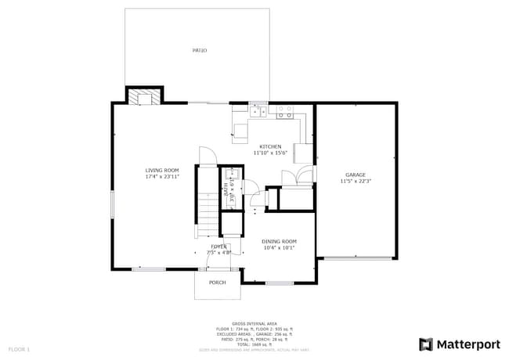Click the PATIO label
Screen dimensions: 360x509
(x=200, y=51)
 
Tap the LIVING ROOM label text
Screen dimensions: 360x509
(x=162, y=170)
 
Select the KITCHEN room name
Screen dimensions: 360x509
(x=271, y=146)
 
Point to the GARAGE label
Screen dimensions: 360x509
(x=356, y=175)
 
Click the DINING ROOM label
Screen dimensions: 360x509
(x=279, y=241)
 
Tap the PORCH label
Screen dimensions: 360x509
(x=217, y=283)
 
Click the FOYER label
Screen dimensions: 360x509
(x=218, y=247)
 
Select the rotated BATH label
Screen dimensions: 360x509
(x=225, y=189)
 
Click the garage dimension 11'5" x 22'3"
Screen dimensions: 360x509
(x=356, y=181)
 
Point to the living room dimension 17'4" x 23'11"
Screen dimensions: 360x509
(x=162, y=176)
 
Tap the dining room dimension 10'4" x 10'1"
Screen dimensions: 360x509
(x=279, y=247)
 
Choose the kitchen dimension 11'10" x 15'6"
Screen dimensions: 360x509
(x=271, y=153)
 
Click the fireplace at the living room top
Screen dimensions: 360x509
(x=144, y=97)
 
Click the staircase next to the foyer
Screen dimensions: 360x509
(x=208, y=211)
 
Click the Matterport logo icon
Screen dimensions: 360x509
(x=426, y=344)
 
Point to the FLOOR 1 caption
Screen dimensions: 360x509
(x=19, y=348)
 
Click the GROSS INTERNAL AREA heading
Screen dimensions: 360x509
(x=254, y=322)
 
